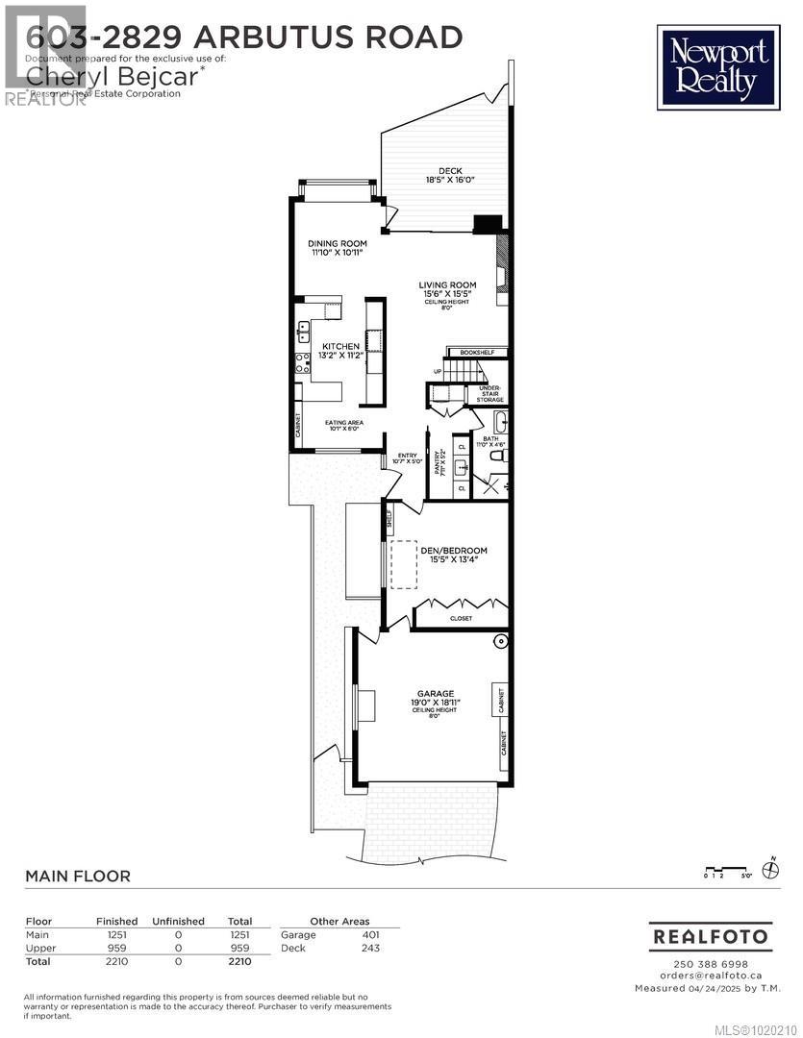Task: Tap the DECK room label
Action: click(x=450, y=172)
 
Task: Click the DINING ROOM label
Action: click(x=337, y=244)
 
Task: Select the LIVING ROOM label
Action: click(x=447, y=284)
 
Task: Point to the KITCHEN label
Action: click(x=340, y=347)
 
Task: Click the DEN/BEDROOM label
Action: click(x=454, y=552)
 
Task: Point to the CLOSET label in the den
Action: click(x=461, y=618)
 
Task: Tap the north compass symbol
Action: click(x=769, y=870)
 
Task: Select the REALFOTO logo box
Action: click(x=711, y=935)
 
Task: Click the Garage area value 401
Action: click(x=370, y=934)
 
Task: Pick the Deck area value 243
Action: click(x=370, y=948)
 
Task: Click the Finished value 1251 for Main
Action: click(x=108, y=934)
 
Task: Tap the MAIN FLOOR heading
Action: click(x=77, y=876)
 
